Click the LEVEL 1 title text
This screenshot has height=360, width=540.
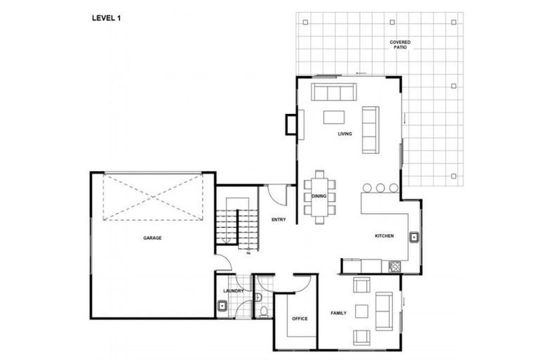coord(107,18)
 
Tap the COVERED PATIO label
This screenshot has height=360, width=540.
coord(401,46)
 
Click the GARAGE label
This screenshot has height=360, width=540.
coord(153,238)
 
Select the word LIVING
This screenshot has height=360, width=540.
coord(345,134)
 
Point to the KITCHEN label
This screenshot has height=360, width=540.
coord(384,236)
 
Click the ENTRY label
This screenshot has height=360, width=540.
coord(278,220)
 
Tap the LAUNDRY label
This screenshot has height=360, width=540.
coord(233,290)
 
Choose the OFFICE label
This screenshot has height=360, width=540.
coord(300,319)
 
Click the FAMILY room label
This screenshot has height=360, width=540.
coord(340,312)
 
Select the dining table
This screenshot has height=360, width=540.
coord(320,196)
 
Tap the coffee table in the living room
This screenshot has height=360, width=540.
coord(335,116)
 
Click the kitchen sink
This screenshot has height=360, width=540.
coord(415,237)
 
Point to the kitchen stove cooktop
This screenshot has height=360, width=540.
coord(394,266)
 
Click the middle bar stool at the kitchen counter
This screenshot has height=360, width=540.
coord(380,188)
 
